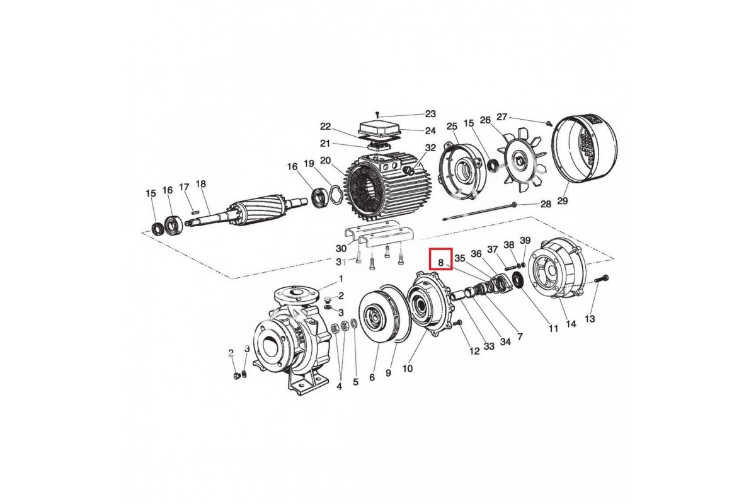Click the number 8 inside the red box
(x=440, y=262)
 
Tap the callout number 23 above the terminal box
(x=430, y=114)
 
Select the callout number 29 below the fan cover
(x=562, y=201)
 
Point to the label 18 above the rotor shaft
(x=200, y=183)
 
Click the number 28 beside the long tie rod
(x=546, y=204)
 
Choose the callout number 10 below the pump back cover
(x=408, y=369)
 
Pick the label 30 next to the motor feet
(x=341, y=248)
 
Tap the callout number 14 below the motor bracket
(x=571, y=324)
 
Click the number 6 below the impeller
(x=372, y=377)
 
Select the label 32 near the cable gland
(x=431, y=147)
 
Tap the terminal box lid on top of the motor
(x=379, y=130)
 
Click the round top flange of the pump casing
(x=297, y=295)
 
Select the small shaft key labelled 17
(x=195, y=212)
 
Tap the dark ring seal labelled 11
(x=517, y=280)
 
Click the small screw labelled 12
(x=457, y=323)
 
